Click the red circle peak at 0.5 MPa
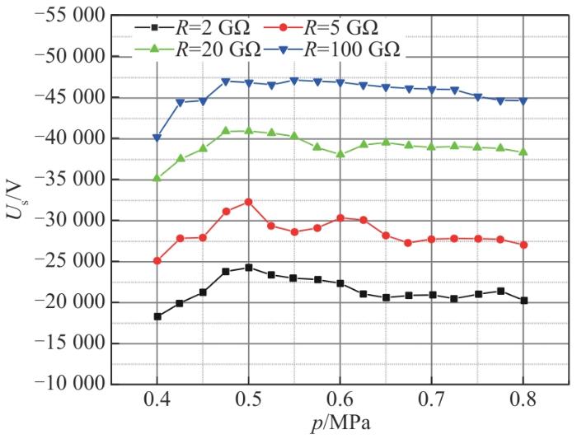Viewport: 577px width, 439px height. click(248, 202)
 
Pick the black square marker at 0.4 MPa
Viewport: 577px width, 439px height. click(157, 316)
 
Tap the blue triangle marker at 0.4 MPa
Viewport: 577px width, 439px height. click(157, 138)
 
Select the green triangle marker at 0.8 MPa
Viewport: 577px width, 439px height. click(523, 152)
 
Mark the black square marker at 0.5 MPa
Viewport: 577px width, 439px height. click(248, 268)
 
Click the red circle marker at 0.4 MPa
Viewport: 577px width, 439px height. click(157, 261)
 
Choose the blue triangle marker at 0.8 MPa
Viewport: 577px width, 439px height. click(523, 100)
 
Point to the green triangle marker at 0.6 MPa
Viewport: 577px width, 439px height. click(340, 154)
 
